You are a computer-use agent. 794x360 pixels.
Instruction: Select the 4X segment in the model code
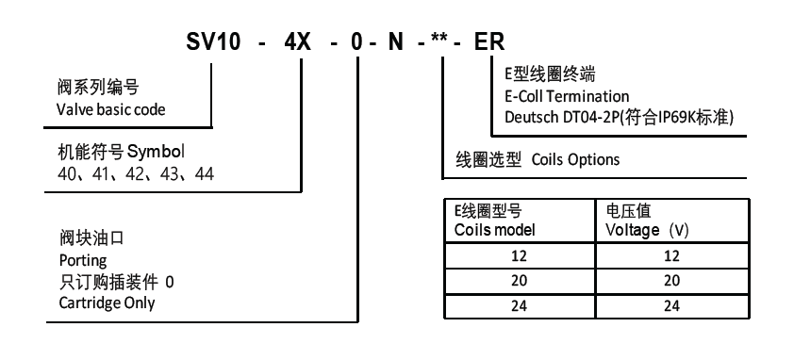310,42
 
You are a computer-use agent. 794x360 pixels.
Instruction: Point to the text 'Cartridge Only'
107,303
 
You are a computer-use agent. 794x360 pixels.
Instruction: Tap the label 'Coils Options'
575,159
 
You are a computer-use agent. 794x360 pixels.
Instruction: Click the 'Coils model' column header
495,230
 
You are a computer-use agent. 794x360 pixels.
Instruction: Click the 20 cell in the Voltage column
671,281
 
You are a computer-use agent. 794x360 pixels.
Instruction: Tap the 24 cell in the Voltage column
671,305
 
